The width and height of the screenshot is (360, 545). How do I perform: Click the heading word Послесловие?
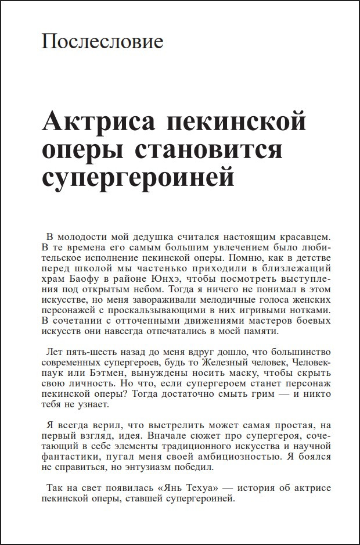(103, 42)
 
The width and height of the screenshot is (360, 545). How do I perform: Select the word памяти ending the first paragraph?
(262, 332)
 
